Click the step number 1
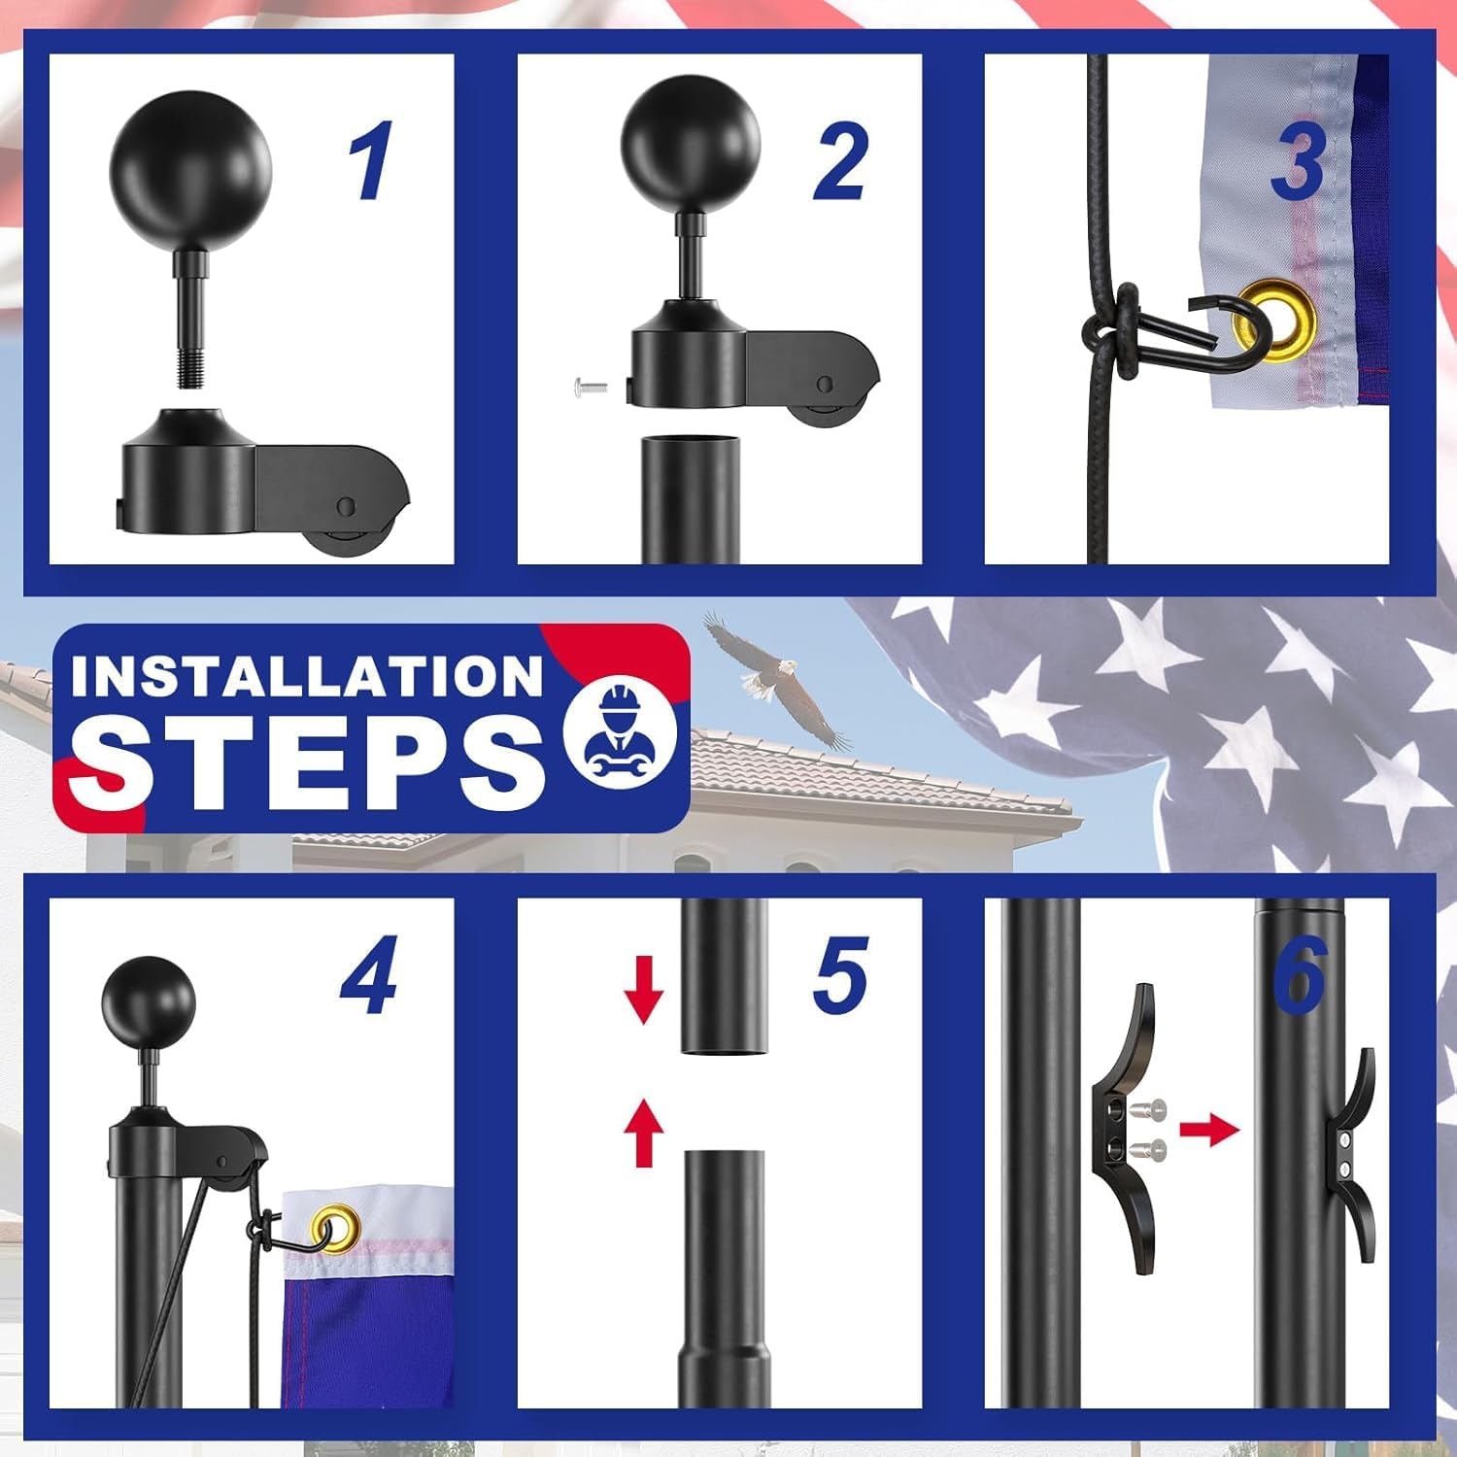pyautogui.click(x=371, y=160)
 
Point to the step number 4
pyautogui.click(x=369, y=974)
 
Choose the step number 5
pyautogui.click(x=840, y=974)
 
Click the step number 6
pyautogui.click(x=1300, y=974)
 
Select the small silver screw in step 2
pyautogui.click(x=592, y=389)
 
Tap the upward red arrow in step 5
pyautogui.click(x=643, y=1132)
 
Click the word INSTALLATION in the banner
pyautogui.click(x=306, y=676)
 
